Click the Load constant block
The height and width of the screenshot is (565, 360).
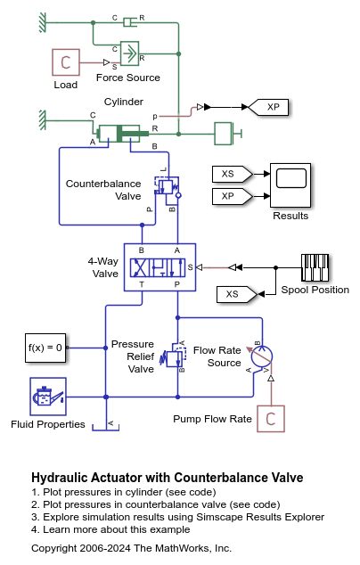(65, 62)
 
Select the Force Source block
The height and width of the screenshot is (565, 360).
(129, 53)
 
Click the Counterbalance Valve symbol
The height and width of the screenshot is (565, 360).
(168, 185)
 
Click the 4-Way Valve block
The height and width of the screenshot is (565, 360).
(160, 266)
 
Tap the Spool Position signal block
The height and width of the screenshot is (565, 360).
(315, 266)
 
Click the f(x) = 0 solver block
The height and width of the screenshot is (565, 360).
(45, 348)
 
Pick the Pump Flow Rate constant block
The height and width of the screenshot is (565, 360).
(270, 418)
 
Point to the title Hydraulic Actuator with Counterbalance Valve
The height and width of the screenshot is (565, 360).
(167, 478)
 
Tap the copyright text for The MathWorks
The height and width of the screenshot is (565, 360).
(131, 548)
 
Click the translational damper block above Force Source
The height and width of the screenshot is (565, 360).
(129, 20)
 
